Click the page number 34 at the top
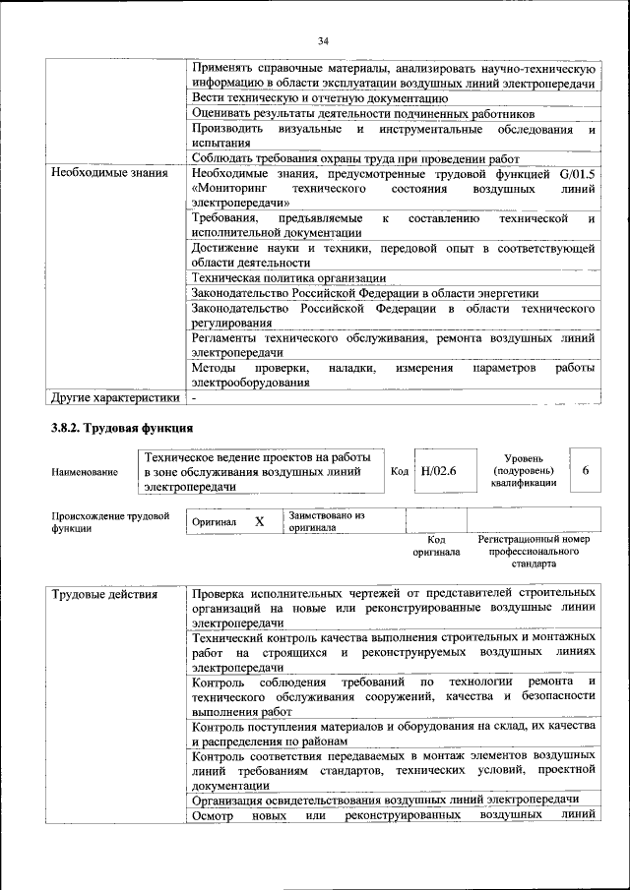pyautogui.click(x=322, y=40)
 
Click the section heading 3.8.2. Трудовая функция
pyautogui.click(x=122, y=429)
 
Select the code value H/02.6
pyautogui.click(x=439, y=471)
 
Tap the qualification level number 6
pyautogui.click(x=586, y=471)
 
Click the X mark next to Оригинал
pyautogui.click(x=259, y=521)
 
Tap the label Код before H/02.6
pyautogui.click(x=400, y=471)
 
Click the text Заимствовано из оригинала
pyautogui.click(x=326, y=521)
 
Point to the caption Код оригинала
pyautogui.click(x=436, y=546)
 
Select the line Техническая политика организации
pyautogui.click(x=289, y=278)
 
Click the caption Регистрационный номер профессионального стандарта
pyautogui.click(x=533, y=552)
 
